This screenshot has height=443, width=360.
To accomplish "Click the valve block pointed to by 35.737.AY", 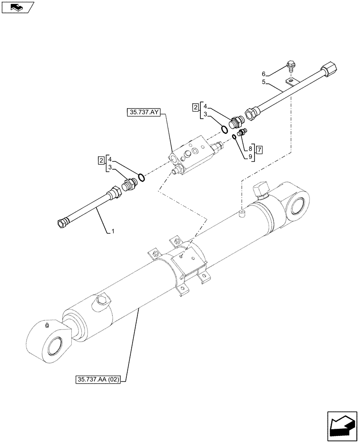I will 191,154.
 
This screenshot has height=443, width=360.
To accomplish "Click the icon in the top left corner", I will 17,7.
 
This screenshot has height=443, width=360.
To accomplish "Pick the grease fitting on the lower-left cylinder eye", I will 47,326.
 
